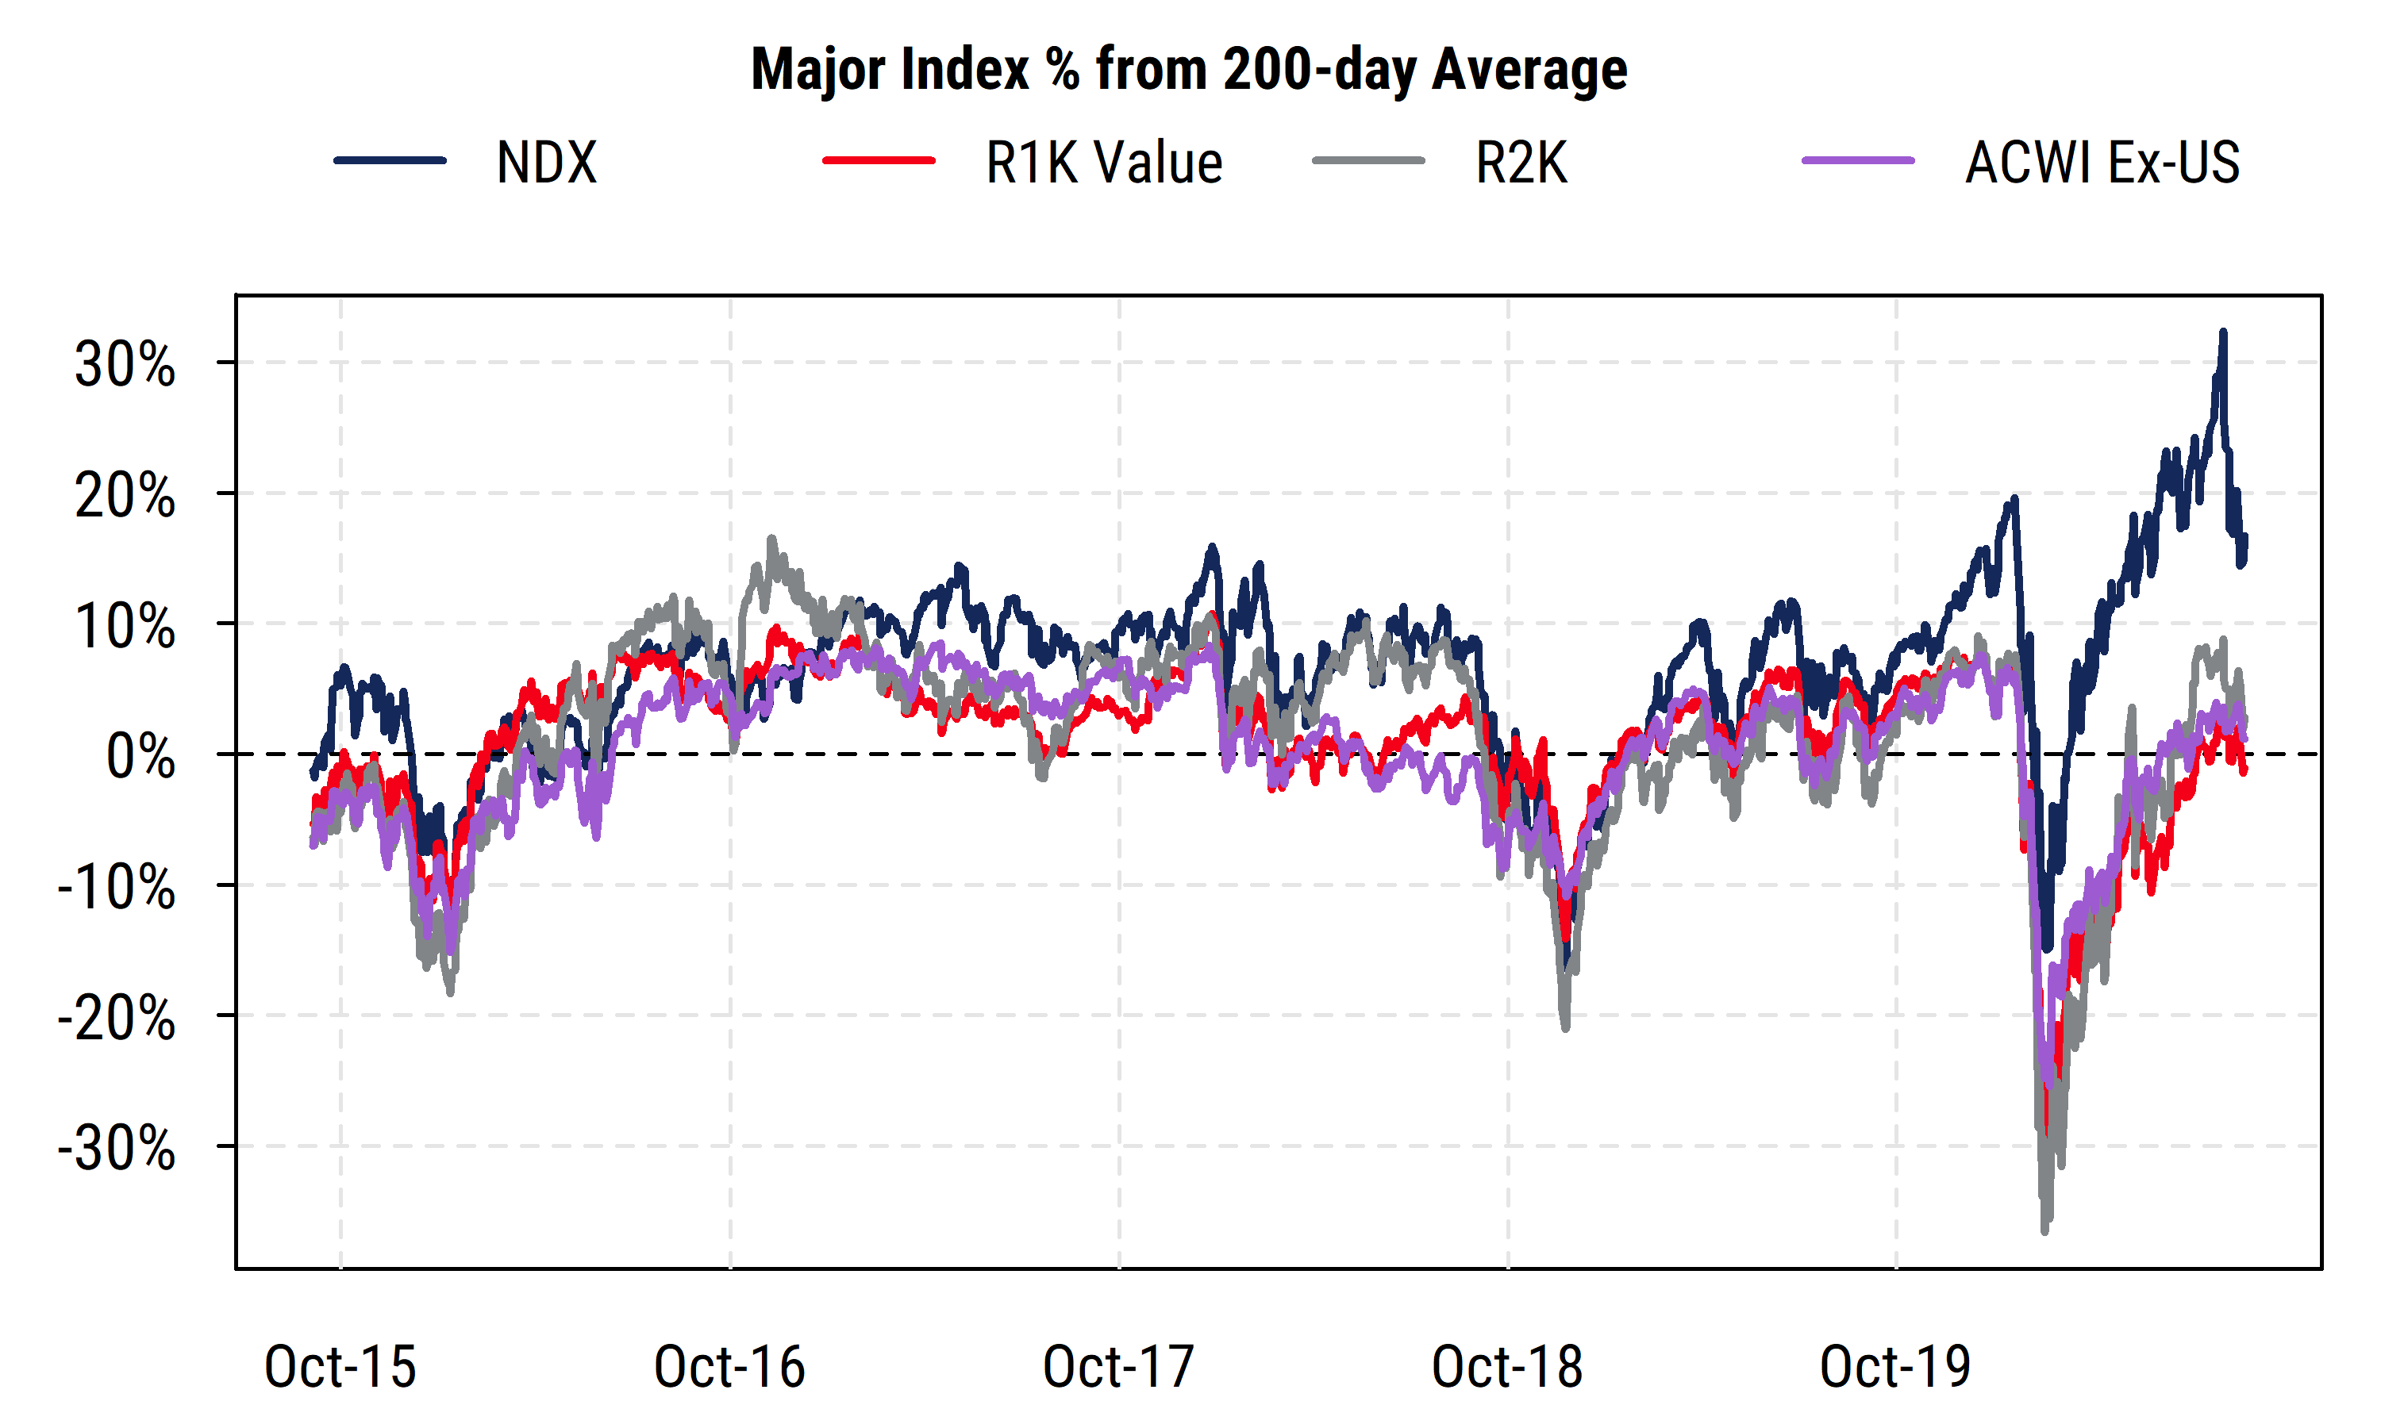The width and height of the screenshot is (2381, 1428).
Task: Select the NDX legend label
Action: point(546,162)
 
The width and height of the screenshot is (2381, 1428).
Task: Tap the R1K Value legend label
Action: point(1103,162)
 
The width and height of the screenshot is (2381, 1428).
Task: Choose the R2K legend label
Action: point(1521,162)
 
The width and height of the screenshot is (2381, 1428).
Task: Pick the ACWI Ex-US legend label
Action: point(2102,162)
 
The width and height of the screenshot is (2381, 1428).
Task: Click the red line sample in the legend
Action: point(878,161)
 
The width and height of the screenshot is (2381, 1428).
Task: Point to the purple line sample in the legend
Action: point(1857,161)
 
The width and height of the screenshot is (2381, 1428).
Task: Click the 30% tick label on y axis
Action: point(125,365)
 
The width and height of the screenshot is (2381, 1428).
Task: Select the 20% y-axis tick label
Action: point(125,496)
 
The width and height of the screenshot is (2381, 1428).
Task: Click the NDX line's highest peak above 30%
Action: point(2223,332)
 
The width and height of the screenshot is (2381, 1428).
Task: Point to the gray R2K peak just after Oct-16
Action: point(771,539)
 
